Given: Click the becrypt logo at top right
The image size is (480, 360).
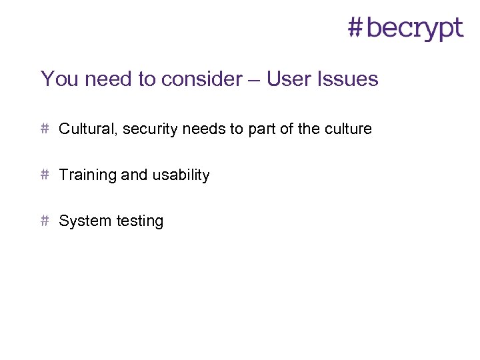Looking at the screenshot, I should (x=406, y=29).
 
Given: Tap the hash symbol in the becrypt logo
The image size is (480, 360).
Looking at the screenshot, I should (x=357, y=27).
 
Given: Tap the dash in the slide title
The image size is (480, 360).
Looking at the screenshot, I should (x=255, y=80).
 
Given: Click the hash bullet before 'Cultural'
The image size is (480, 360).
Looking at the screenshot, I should (x=45, y=128).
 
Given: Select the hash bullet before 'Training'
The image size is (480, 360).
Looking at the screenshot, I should (x=45, y=174).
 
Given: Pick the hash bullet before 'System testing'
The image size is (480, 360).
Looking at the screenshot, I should (x=45, y=220).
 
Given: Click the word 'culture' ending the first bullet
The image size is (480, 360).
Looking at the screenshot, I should (x=348, y=129).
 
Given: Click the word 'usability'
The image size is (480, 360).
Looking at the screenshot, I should (x=181, y=175).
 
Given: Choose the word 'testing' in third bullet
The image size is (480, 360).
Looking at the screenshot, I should (x=139, y=221).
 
